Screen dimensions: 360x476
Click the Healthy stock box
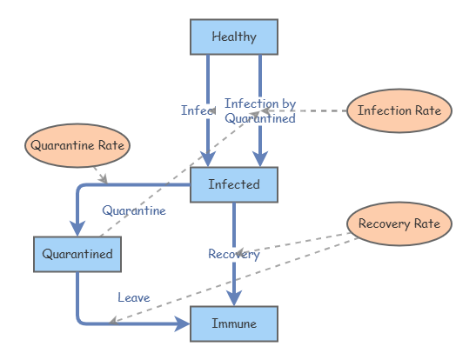pos(234,37)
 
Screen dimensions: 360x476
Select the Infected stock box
pos(234,184)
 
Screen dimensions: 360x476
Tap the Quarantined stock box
pos(77,254)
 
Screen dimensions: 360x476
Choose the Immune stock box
pos(234,323)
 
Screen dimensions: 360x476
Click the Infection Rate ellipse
pos(399,110)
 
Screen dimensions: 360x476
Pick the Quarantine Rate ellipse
pos(77,145)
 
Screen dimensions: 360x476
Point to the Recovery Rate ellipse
pos(399,223)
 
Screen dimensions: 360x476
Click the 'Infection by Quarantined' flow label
pos(261,111)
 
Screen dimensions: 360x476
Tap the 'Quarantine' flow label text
pos(133,210)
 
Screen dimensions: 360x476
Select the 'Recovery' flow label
pos(233,254)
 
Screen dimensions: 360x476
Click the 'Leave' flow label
pos(133,297)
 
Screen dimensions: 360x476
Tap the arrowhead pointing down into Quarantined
pos(77,227)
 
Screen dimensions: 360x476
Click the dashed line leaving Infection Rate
pos(313,110)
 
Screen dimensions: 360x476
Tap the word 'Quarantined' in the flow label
pos(260,118)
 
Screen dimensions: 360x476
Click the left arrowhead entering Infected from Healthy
pos(208,157)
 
